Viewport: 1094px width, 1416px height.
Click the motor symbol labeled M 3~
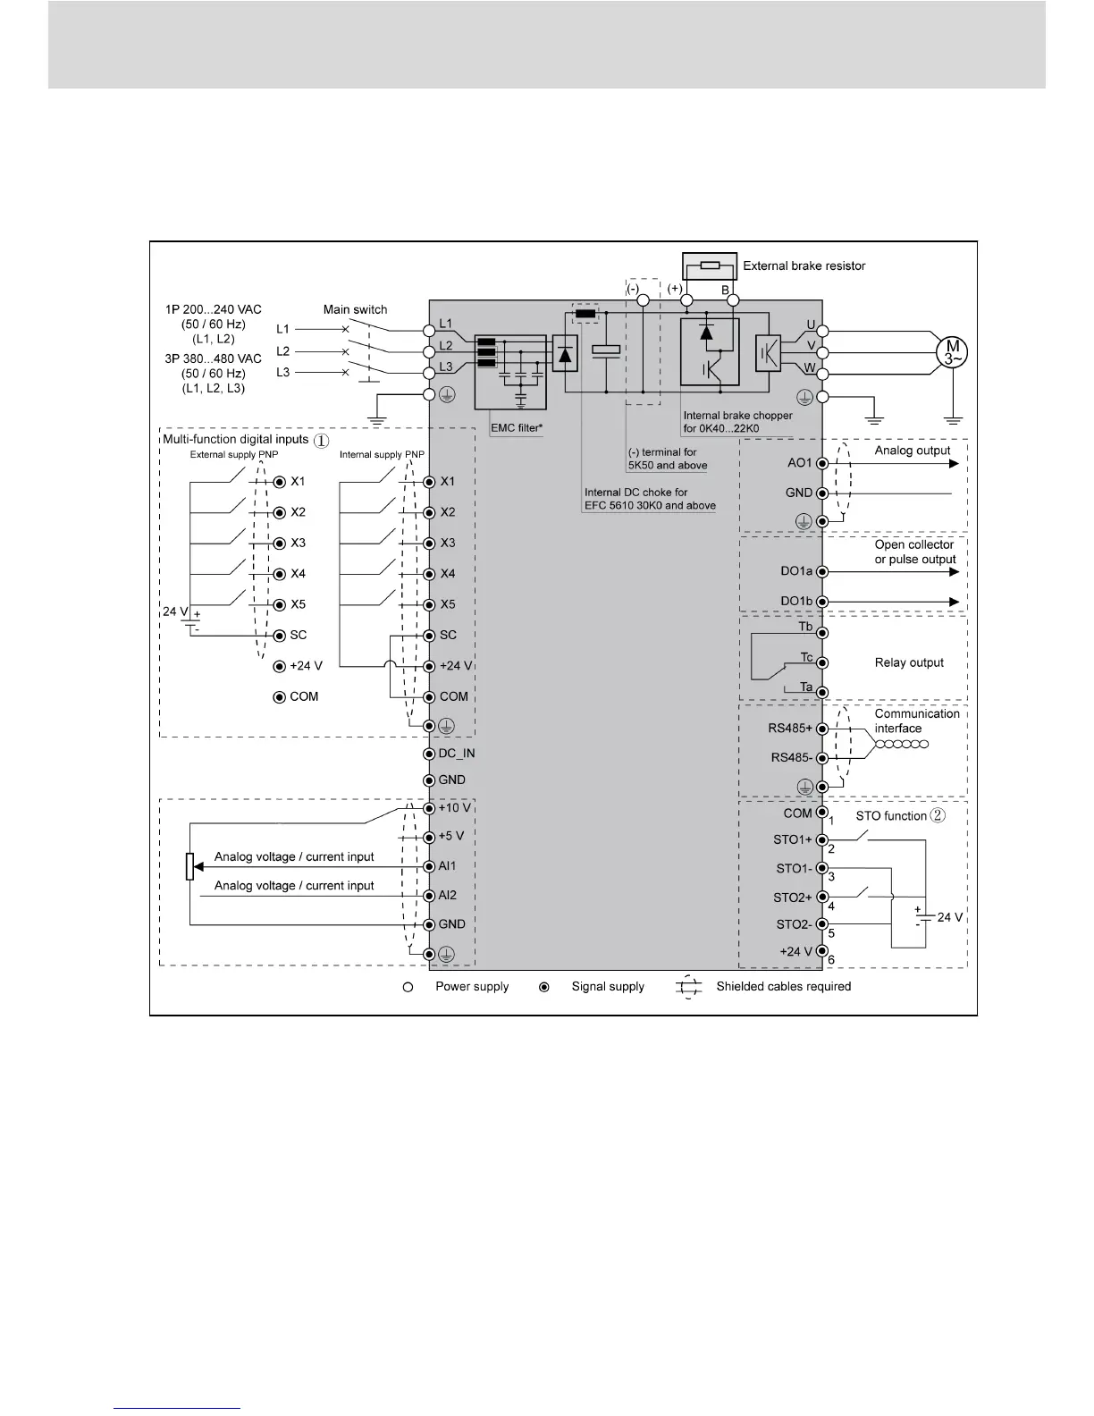953,352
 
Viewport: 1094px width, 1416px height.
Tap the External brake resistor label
804,265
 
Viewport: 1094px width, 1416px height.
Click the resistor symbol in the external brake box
711,265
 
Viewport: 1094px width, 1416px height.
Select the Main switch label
355,309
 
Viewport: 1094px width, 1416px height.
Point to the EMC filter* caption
517,428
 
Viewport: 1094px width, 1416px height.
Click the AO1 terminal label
798,463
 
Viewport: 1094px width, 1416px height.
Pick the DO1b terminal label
796,601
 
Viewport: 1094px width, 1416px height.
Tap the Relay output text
909,662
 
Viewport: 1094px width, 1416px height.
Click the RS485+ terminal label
790,728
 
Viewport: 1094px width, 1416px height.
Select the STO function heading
891,815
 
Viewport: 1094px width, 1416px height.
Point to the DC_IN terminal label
457,754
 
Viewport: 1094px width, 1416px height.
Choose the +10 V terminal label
454,808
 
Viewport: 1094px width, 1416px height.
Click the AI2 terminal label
448,895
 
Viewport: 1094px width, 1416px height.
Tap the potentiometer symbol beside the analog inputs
190,866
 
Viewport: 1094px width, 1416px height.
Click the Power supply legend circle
408,987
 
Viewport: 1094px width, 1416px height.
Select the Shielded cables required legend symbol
687,987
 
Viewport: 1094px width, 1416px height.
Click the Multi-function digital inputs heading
235,439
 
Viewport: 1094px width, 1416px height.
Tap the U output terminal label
811,324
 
